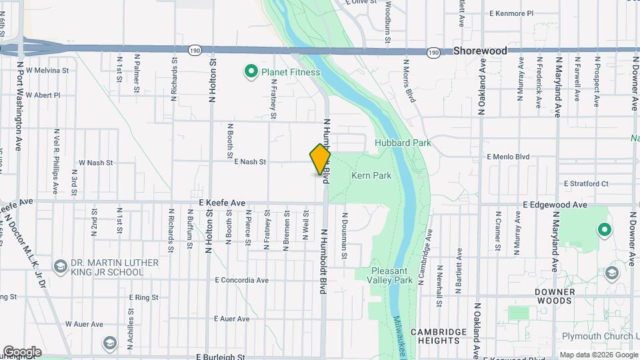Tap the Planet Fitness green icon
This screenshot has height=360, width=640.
(251, 71)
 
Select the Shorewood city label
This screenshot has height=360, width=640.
(480, 51)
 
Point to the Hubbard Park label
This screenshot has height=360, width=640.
(403, 143)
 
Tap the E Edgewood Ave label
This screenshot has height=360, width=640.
(555, 205)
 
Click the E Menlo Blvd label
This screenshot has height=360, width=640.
(508, 157)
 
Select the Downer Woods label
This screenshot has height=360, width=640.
(553, 296)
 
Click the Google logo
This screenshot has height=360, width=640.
(22, 352)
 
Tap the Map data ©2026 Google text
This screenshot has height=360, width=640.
(597, 355)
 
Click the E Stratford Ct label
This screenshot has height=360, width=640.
(586, 183)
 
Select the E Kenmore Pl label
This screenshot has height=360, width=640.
(511, 13)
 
